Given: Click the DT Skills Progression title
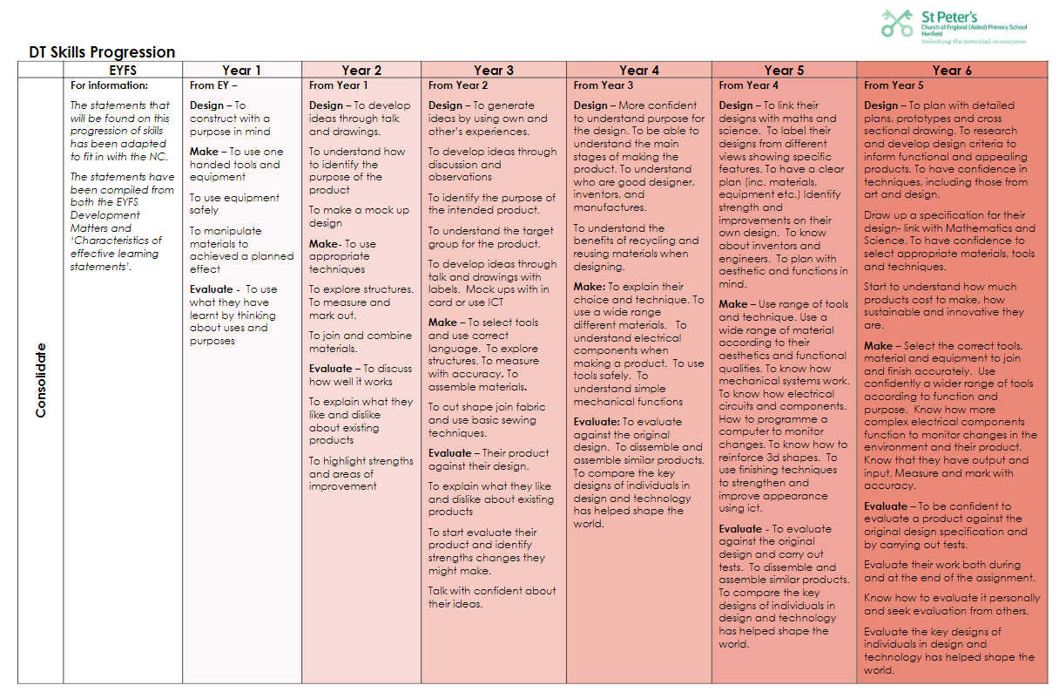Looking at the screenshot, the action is coord(102,51).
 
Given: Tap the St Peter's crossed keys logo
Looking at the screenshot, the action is coord(897,24).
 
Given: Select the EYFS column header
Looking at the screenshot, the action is coord(123,71).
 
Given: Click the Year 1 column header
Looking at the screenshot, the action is coord(241,71).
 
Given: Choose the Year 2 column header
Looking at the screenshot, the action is coord(361,71).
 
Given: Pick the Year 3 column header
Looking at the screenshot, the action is coord(494,71).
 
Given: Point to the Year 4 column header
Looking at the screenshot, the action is coord(638,71).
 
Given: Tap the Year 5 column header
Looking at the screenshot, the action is coord(784,71).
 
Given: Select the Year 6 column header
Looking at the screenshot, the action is coord(952,71).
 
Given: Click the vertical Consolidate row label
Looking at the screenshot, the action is coord(41,381).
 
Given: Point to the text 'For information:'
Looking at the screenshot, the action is coord(109,85).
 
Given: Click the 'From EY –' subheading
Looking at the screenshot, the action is coord(213,85).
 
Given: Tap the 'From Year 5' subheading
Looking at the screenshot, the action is coord(894,85).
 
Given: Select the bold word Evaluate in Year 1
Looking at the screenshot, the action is coord(212,289).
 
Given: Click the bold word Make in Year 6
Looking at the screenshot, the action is coord(878,346).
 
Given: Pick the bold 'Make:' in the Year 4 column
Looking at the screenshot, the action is coord(589,287).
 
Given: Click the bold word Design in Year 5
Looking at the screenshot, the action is coord(739,105).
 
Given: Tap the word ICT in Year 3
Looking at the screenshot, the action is coord(495,302).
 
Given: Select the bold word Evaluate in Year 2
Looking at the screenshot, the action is coord(330,369).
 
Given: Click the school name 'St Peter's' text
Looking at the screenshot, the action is coord(949,17).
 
